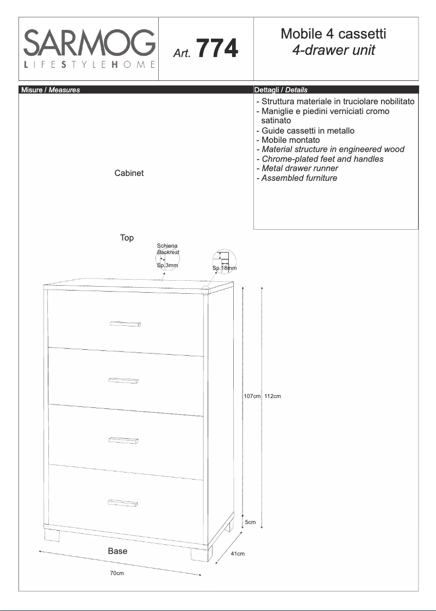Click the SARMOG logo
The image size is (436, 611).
coord(89,49)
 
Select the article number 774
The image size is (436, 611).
coord(217,49)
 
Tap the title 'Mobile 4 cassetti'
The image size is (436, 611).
coord(333,34)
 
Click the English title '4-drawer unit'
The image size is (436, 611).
coord(333,51)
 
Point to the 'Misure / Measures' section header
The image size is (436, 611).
coord(50,90)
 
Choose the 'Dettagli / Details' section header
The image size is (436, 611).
coord(281,90)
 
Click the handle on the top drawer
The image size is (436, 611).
coord(125,324)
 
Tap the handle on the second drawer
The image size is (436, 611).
coord(124,380)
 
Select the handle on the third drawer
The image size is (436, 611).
coord(123,440)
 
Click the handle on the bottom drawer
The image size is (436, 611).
coord(123,503)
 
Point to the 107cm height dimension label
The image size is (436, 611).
coord(252,396)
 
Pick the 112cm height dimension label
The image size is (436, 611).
coord(272,396)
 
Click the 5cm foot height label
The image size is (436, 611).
coord(250,522)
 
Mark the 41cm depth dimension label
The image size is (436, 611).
coord(238,553)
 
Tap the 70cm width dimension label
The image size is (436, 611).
coord(117,574)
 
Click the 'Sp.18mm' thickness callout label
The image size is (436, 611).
coord(225,268)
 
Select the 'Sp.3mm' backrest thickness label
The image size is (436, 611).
coord(167,265)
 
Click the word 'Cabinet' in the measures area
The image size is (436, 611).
coord(129,173)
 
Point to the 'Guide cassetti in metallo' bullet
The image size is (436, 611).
coord(305,130)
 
